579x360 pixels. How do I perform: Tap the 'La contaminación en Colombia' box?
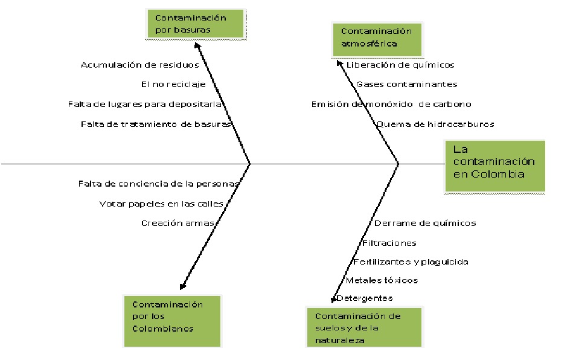click(494, 166)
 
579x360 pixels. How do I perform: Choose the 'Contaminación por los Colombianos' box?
click(172, 320)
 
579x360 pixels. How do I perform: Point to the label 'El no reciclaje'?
click(173, 85)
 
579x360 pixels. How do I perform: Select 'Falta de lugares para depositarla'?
click(147, 104)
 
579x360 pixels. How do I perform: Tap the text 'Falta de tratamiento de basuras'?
click(156, 124)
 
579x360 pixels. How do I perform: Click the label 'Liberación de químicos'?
click(400, 65)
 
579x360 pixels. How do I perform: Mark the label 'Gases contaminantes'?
click(406, 85)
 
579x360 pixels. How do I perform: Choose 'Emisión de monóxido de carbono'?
click(391, 104)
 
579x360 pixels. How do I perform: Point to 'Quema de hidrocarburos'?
click(435, 124)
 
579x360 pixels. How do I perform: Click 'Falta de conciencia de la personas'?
click(158, 183)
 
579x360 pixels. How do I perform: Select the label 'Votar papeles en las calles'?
click(161, 204)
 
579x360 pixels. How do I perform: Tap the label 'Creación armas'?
click(178, 223)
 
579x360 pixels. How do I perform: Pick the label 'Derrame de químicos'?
click(425, 223)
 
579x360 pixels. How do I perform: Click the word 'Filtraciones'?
click(389, 243)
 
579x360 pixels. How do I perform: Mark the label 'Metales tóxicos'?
click(382, 280)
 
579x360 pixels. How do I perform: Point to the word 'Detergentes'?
click(365, 298)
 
